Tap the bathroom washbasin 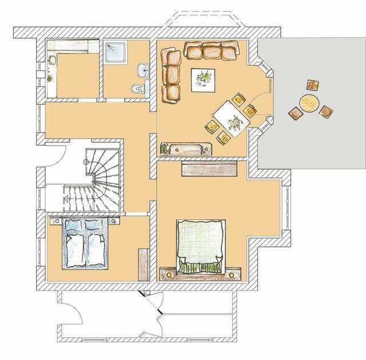click(x=143, y=71)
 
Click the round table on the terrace click(x=309, y=103)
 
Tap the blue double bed click(x=85, y=243)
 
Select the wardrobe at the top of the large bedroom click(x=209, y=168)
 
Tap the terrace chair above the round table click(x=313, y=86)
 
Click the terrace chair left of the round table click(x=294, y=114)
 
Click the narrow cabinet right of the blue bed click(x=142, y=265)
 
